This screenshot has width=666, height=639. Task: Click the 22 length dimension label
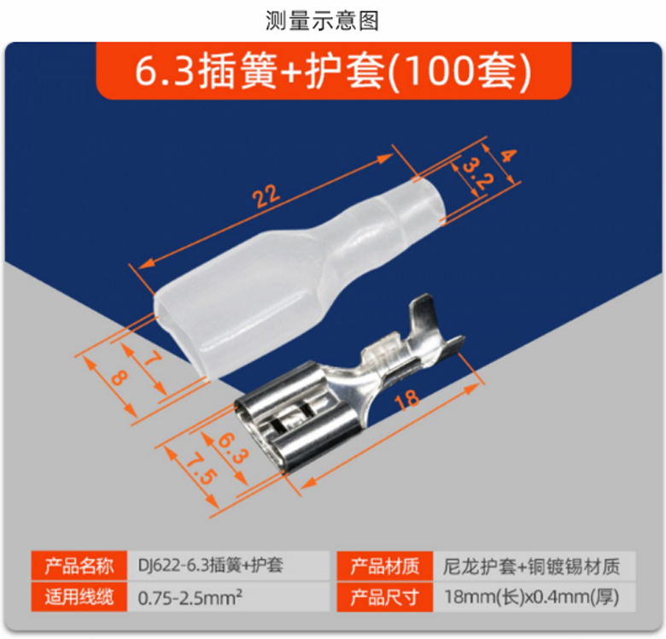coord(266,196)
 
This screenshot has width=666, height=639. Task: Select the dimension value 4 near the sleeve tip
coord(507,156)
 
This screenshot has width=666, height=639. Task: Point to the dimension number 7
coord(151,359)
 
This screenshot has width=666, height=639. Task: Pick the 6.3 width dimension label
coord(232,448)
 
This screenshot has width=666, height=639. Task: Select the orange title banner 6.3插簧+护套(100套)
coord(333,71)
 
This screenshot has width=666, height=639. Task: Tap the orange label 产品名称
coord(79,566)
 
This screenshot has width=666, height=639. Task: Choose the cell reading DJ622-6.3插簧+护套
coord(211,566)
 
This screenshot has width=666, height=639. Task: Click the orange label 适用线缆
coord(79,597)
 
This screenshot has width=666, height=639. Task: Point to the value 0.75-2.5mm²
coord(190,597)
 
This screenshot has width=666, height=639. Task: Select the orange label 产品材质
coord(385,566)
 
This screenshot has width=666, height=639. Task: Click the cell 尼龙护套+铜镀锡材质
coord(531,566)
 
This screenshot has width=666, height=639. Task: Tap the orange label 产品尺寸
coord(385,597)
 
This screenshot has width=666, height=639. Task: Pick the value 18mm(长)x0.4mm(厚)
coord(532,597)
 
